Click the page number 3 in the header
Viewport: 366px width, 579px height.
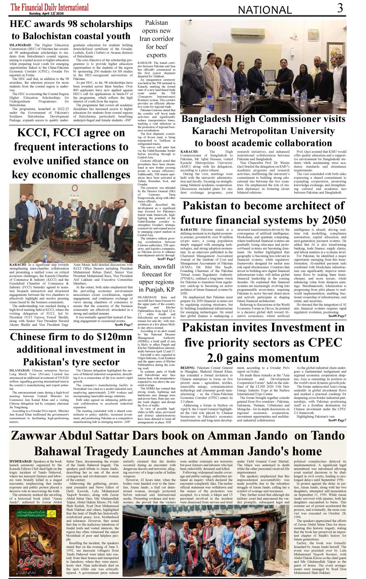click(x=339, y=8)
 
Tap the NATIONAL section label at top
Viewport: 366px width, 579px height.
click(x=265, y=10)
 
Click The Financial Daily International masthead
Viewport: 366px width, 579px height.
click(x=50, y=7)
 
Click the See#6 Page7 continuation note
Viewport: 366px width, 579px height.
click(x=124, y=325)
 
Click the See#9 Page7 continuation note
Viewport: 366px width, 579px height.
click(x=337, y=420)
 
